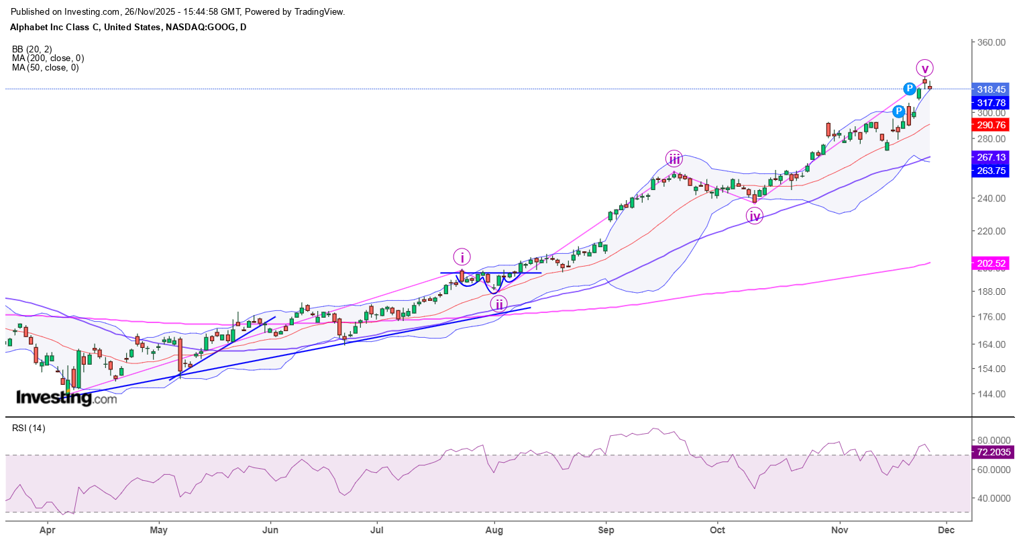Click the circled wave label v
924,68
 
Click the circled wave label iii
674,159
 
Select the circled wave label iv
755,216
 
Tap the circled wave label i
462,257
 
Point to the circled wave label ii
498,304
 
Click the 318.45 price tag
991,89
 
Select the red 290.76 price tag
991,125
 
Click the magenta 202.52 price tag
991,263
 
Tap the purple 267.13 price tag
991,157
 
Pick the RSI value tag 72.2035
994,452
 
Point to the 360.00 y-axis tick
991,42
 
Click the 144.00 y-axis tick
991,394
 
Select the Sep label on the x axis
606,530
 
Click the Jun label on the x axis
270,530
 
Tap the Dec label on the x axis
946,530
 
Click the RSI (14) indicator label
28,428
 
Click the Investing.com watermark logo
66,398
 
